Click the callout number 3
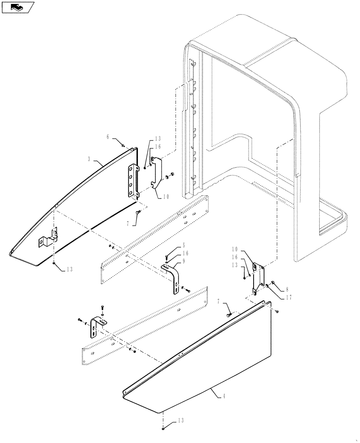click(x=90, y=158)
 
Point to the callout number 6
click(x=108, y=138)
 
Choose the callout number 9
click(x=183, y=261)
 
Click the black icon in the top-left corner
click(x=17, y=7)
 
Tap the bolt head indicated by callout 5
click(x=167, y=256)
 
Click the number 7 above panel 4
click(x=219, y=302)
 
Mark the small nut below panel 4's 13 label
click(x=164, y=428)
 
